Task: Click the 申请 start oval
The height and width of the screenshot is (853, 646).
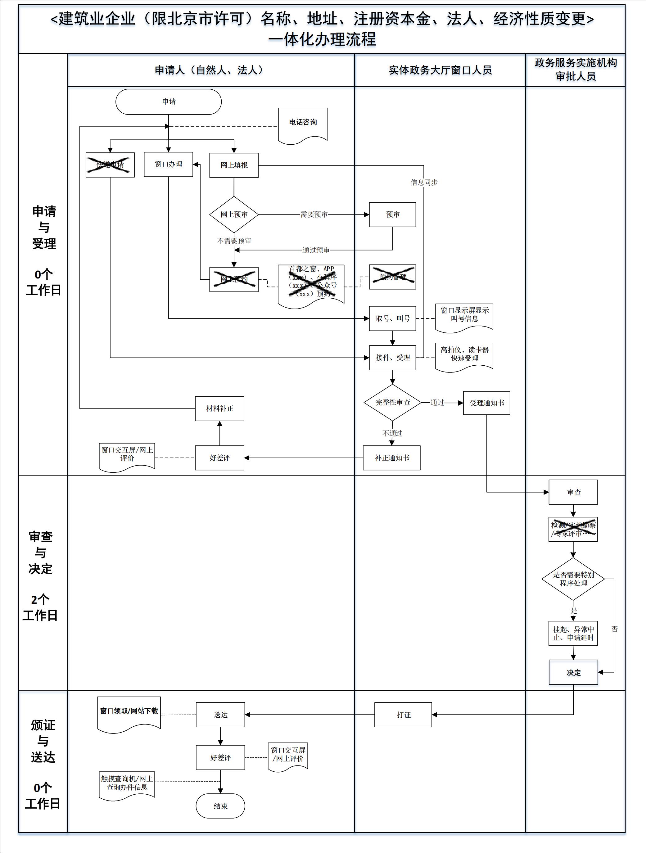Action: tap(169, 102)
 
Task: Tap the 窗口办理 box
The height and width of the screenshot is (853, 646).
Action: tap(169, 165)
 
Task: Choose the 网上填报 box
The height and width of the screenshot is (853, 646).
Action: tap(234, 165)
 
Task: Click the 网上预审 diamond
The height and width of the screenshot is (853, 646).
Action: tap(234, 214)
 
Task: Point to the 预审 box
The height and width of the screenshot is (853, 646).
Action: tap(392, 214)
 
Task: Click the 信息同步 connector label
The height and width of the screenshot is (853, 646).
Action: tap(424, 183)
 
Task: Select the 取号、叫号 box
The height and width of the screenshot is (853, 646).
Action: tap(392, 318)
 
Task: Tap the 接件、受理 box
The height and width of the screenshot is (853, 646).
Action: tap(392, 358)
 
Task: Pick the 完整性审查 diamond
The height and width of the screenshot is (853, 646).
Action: tap(392, 403)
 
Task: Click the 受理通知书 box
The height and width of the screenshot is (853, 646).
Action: tap(486, 403)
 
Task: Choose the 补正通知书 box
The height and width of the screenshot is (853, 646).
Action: tap(391, 458)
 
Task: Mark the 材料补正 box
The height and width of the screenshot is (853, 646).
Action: tap(219, 409)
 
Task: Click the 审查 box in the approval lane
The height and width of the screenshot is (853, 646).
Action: tap(573, 492)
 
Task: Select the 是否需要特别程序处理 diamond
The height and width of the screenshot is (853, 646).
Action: tap(573, 579)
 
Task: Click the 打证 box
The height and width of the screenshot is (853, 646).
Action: tap(403, 715)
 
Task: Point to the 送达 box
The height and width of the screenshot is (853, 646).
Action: tap(220, 715)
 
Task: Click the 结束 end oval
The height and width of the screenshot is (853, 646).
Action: tap(220, 806)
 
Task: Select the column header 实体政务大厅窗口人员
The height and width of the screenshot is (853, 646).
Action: tap(440, 70)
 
